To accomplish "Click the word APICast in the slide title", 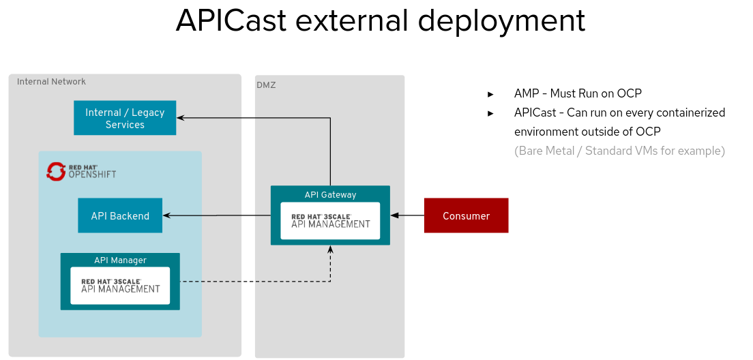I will click(x=231, y=21).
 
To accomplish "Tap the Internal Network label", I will click(x=51, y=82).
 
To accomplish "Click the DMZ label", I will click(x=266, y=85).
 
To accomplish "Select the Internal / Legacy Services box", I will click(x=125, y=118).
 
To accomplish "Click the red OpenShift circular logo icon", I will click(x=55, y=171).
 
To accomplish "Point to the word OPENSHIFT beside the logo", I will click(x=92, y=175).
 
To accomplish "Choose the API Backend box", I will click(x=120, y=215).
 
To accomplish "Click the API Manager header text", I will click(x=120, y=260).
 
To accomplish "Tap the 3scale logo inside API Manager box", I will click(x=120, y=285).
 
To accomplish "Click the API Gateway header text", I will click(x=330, y=194).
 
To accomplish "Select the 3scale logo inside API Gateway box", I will click(x=330, y=220).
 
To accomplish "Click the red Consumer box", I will click(x=466, y=215).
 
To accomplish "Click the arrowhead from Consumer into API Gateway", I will click(x=394, y=215).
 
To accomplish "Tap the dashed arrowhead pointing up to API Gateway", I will click(x=330, y=250).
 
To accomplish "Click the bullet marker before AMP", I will click(x=490, y=94).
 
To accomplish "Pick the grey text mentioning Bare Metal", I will click(x=619, y=151).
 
